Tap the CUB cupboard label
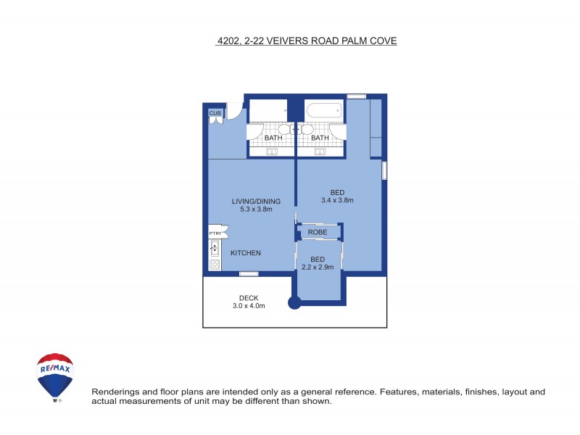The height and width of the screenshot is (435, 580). point(215,113)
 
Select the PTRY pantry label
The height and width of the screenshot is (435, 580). point(215,233)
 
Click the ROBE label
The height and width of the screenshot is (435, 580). point(318,232)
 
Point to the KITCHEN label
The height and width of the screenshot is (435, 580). point(246,253)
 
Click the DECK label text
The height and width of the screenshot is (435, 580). point(249,298)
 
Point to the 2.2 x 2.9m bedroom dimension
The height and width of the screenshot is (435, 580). point(318,267)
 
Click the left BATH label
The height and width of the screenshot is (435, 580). point(273,138)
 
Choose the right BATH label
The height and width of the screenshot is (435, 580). point(320,138)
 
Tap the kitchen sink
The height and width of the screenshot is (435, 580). point(215,249)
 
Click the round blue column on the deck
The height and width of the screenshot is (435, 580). point(294,303)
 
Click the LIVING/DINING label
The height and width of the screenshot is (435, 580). point(256,202)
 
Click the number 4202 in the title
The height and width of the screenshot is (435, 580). point(228,41)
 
